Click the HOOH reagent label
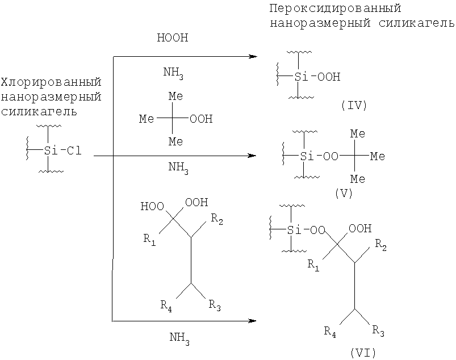point(173,38)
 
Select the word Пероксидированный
point(335,9)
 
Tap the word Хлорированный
point(51,82)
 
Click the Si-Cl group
point(62,150)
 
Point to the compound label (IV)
point(354,105)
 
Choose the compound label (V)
point(344,193)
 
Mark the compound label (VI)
point(363,353)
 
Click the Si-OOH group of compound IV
point(317,77)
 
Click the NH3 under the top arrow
point(173,73)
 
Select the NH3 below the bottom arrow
point(179,338)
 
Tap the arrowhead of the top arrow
point(253,56)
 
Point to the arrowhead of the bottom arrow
point(252,321)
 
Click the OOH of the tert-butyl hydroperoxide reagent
point(201,119)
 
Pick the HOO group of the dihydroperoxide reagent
point(152,207)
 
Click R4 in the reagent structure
point(166,306)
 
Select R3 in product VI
point(378,331)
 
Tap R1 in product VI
point(313,265)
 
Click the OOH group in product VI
point(360,229)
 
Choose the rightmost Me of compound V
point(378,157)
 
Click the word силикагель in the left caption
point(39,111)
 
